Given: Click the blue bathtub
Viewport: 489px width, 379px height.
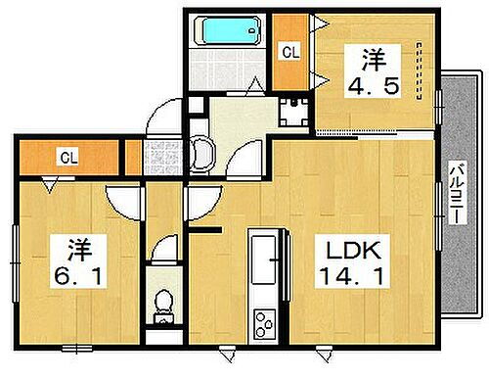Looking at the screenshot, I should [x=228, y=30].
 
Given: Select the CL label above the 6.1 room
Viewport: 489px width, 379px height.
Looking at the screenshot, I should [x=68, y=157].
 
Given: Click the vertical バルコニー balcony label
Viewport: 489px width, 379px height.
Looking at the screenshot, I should [x=455, y=195].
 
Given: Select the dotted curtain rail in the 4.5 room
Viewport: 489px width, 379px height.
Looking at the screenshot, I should [x=418, y=71].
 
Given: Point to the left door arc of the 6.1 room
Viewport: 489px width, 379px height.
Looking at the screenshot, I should [x=122, y=201].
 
